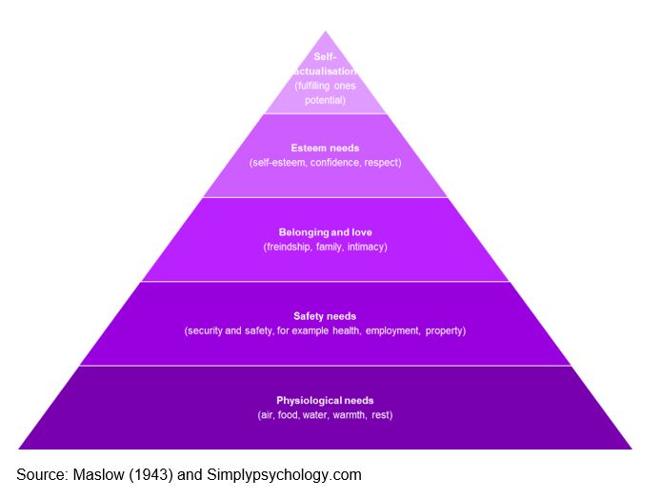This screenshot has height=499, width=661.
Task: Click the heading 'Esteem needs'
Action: click(x=325, y=149)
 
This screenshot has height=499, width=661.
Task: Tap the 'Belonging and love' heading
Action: click(x=325, y=232)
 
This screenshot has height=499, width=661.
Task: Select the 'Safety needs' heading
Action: click(x=325, y=316)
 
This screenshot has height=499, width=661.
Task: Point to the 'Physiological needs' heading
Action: click(x=325, y=400)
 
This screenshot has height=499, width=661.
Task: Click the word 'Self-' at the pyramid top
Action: click(x=325, y=56)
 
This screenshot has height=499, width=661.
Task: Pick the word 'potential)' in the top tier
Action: click(x=325, y=99)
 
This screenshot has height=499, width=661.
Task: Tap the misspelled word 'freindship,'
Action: click(x=290, y=247)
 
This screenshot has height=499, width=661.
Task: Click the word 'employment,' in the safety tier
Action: click(x=392, y=330)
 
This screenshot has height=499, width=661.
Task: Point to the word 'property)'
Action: click(x=445, y=330)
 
